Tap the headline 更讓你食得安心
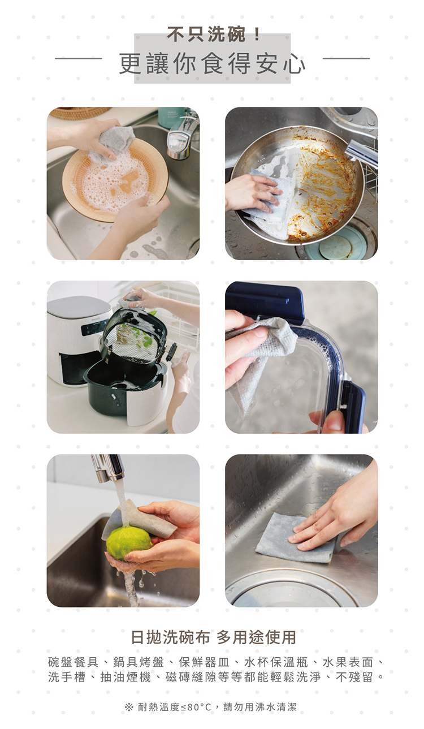click(212, 63)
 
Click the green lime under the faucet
click(128, 542)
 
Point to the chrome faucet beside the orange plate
click(182, 137)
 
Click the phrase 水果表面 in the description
click(348, 662)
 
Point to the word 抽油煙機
click(126, 677)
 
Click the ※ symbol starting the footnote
click(129, 707)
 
